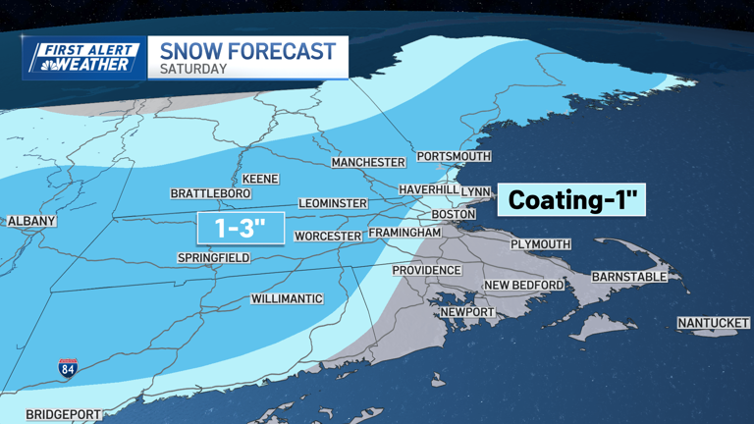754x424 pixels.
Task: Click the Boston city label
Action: pos(454,214)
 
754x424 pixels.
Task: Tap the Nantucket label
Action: pos(714,323)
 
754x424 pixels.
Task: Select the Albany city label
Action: pos(31,222)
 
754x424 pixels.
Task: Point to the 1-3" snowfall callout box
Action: pos(240,229)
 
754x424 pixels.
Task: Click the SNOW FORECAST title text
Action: pos(247,51)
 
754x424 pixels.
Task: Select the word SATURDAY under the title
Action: pos(193,70)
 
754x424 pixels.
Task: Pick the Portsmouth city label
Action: pos(453,156)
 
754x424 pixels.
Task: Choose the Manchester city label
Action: pos(368,162)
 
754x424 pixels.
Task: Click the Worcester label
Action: pos(329,237)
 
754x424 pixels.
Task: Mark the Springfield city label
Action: pos(213,258)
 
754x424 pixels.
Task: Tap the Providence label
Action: pos(426,270)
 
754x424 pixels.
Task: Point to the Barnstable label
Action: pos(629,277)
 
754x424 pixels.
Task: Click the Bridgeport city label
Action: pos(63,413)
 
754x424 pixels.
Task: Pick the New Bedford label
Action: pos(524,286)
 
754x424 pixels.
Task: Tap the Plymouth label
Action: pos(540,243)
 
